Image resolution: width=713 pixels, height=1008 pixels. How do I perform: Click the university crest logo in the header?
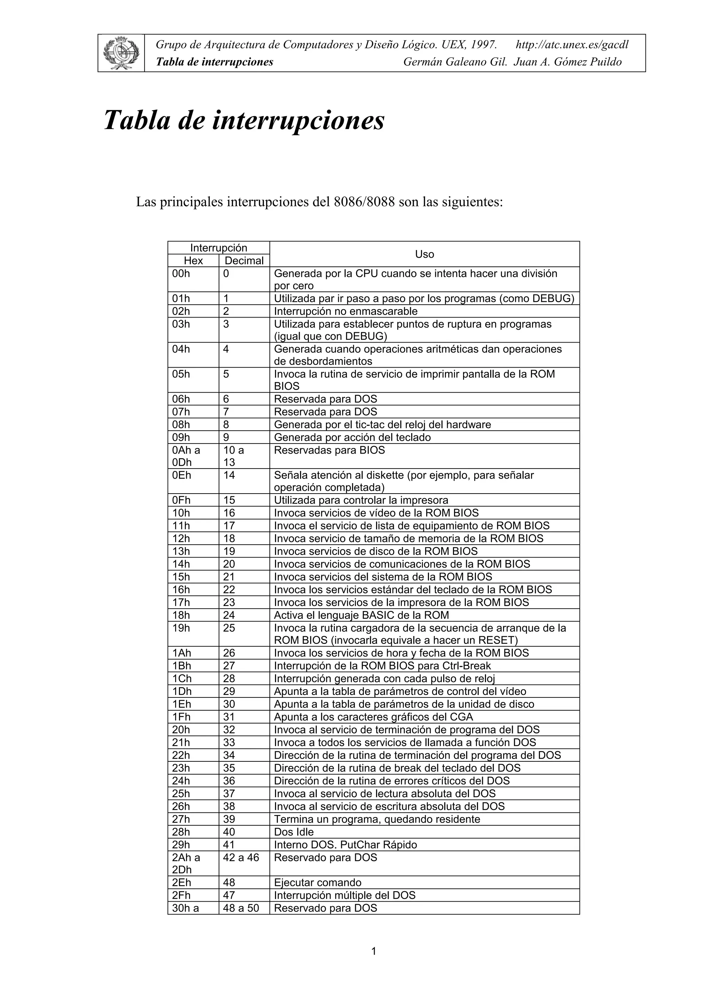point(121,53)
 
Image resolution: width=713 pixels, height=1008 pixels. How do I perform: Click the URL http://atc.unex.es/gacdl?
point(572,45)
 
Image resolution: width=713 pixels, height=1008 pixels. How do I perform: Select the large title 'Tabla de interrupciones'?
point(244,120)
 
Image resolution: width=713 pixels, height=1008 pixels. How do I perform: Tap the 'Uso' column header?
point(424,254)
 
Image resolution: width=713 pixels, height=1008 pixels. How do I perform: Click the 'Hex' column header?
point(193,261)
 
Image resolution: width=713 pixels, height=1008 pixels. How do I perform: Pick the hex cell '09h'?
point(181,437)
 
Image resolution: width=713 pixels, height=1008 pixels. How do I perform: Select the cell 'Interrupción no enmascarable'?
point(346,311)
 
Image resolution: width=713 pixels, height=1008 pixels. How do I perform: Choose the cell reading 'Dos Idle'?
point(294,832)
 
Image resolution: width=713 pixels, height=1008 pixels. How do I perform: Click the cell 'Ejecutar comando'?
point(318,882)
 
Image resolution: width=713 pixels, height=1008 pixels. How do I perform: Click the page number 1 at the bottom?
point(374,951)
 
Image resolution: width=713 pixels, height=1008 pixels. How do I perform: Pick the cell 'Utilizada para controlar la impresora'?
point(361,500)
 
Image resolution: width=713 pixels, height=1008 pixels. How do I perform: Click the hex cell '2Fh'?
point(181,895)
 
